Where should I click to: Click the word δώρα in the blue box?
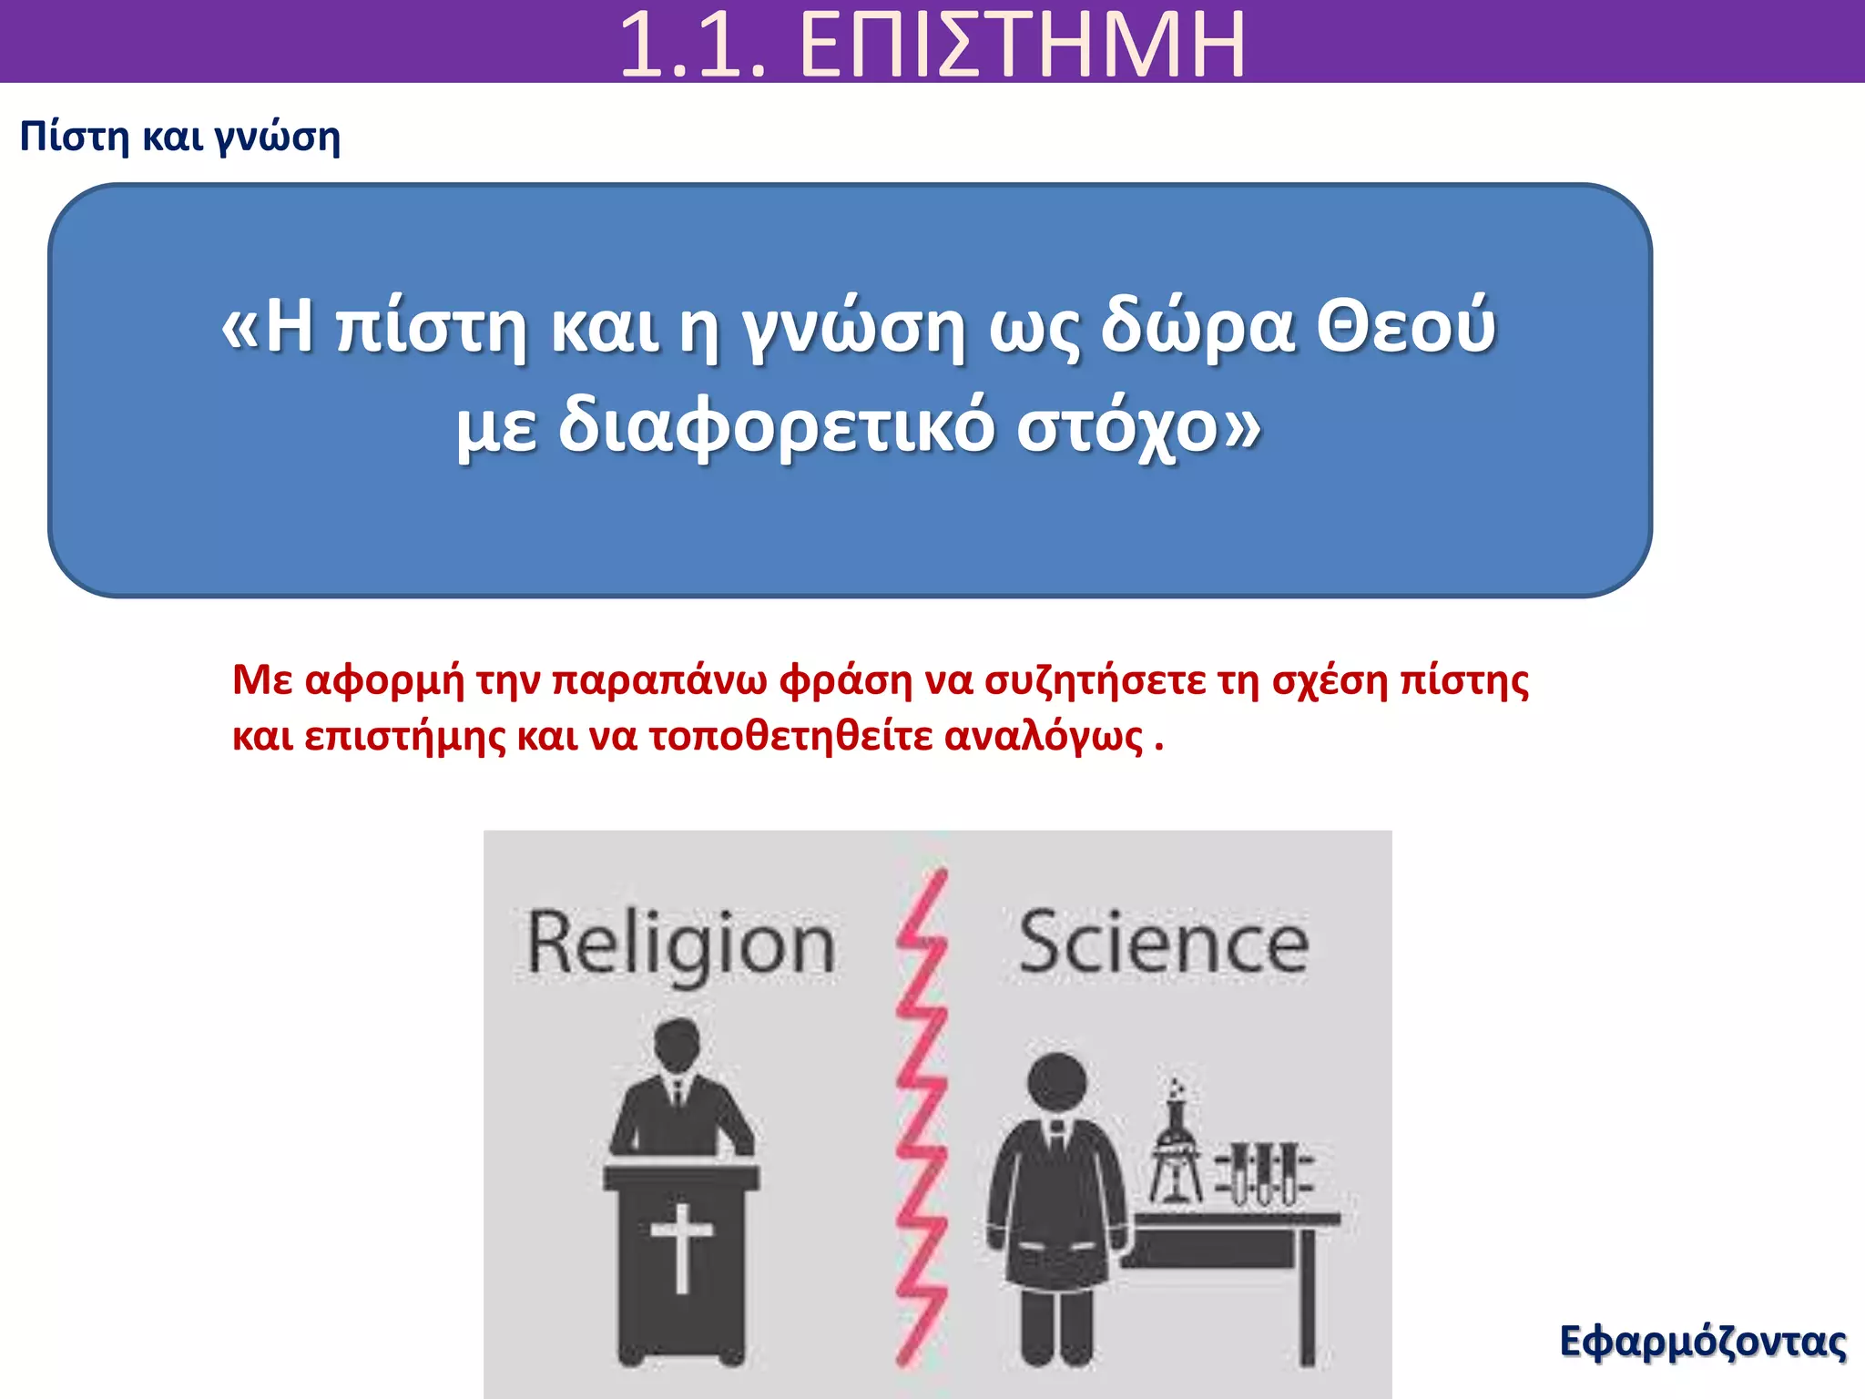click(x=1197, y=326)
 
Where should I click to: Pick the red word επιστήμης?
click(x=404, y=736)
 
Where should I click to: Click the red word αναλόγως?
click(x=1044, y=736)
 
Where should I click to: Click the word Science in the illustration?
click(x=1164, y=944)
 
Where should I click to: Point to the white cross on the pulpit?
click(x=682, y=1246)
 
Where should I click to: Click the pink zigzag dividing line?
click(x=922, y=1120)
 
